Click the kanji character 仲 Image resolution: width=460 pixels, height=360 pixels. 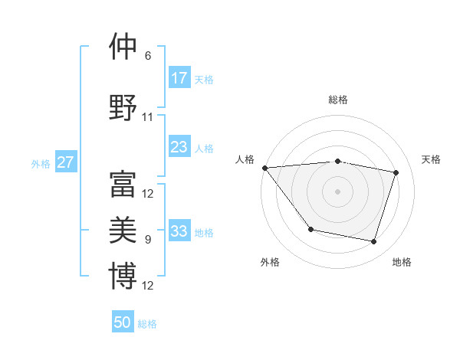tap(123, 47)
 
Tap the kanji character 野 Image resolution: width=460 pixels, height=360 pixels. tap(123, 108)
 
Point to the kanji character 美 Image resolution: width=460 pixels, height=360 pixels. tap(123, 231)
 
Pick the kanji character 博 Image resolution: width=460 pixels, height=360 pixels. tap(123, 277)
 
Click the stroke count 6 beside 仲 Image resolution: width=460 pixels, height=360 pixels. tap(148, 56)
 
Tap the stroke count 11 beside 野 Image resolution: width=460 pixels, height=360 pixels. tap(148, 117)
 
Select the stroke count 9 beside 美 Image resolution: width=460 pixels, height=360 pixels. tap(148, 240)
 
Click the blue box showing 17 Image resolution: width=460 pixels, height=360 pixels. tap(179, 78)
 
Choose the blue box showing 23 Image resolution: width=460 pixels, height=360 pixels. tap(179, 147)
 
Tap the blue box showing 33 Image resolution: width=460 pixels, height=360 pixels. tap(179, 231)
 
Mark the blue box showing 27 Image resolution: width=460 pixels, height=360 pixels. tap(65, 162)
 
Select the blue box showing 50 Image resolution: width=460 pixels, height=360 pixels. tap(123, 322)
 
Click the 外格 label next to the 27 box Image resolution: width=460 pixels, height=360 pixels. tap(41, 163)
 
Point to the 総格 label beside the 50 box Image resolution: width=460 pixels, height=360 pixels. tap(147, 324)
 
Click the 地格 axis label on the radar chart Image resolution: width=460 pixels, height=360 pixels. tap(402, 262)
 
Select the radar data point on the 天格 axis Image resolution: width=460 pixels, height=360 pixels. tap(396, 172)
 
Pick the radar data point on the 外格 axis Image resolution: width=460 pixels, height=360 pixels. tap(310, 229)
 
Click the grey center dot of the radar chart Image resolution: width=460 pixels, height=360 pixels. tap(337, 191)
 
